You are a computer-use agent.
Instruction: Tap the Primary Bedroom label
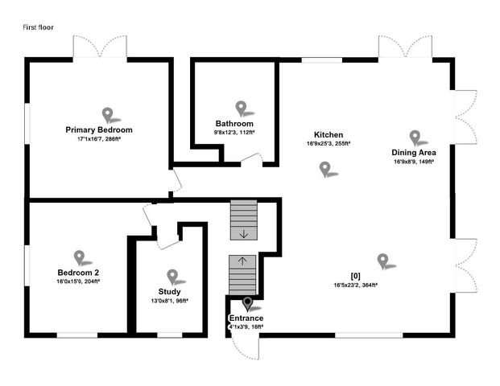[x=99, y=129]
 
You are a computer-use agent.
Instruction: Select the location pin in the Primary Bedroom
[x=107, y=114]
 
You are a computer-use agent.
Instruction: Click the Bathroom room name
[x=234, y=124]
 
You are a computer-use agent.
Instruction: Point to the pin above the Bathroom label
[x=241, y=107]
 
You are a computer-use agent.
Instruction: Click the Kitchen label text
[x=329, y=135]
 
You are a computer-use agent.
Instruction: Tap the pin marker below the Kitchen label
[x=325, y=168]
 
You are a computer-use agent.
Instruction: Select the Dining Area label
[x=414, y=152]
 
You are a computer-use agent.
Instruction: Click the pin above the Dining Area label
[x=415, y=137]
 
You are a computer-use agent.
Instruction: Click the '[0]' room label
[x=356, y=276]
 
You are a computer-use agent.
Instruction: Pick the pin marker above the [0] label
[x=382, y=260]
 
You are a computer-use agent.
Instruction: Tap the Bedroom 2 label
[x=78, y=273]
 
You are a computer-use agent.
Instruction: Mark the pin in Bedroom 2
[x=79, y=257]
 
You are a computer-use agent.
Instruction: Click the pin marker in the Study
[x=171, y=276]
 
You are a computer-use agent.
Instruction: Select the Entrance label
[x=246, y=319]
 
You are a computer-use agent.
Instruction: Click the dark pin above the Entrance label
[x=247, y=303]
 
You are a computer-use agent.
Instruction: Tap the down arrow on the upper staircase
[x=243, y=234]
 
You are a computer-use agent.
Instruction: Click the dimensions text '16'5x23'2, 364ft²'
[x=356, y=285]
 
